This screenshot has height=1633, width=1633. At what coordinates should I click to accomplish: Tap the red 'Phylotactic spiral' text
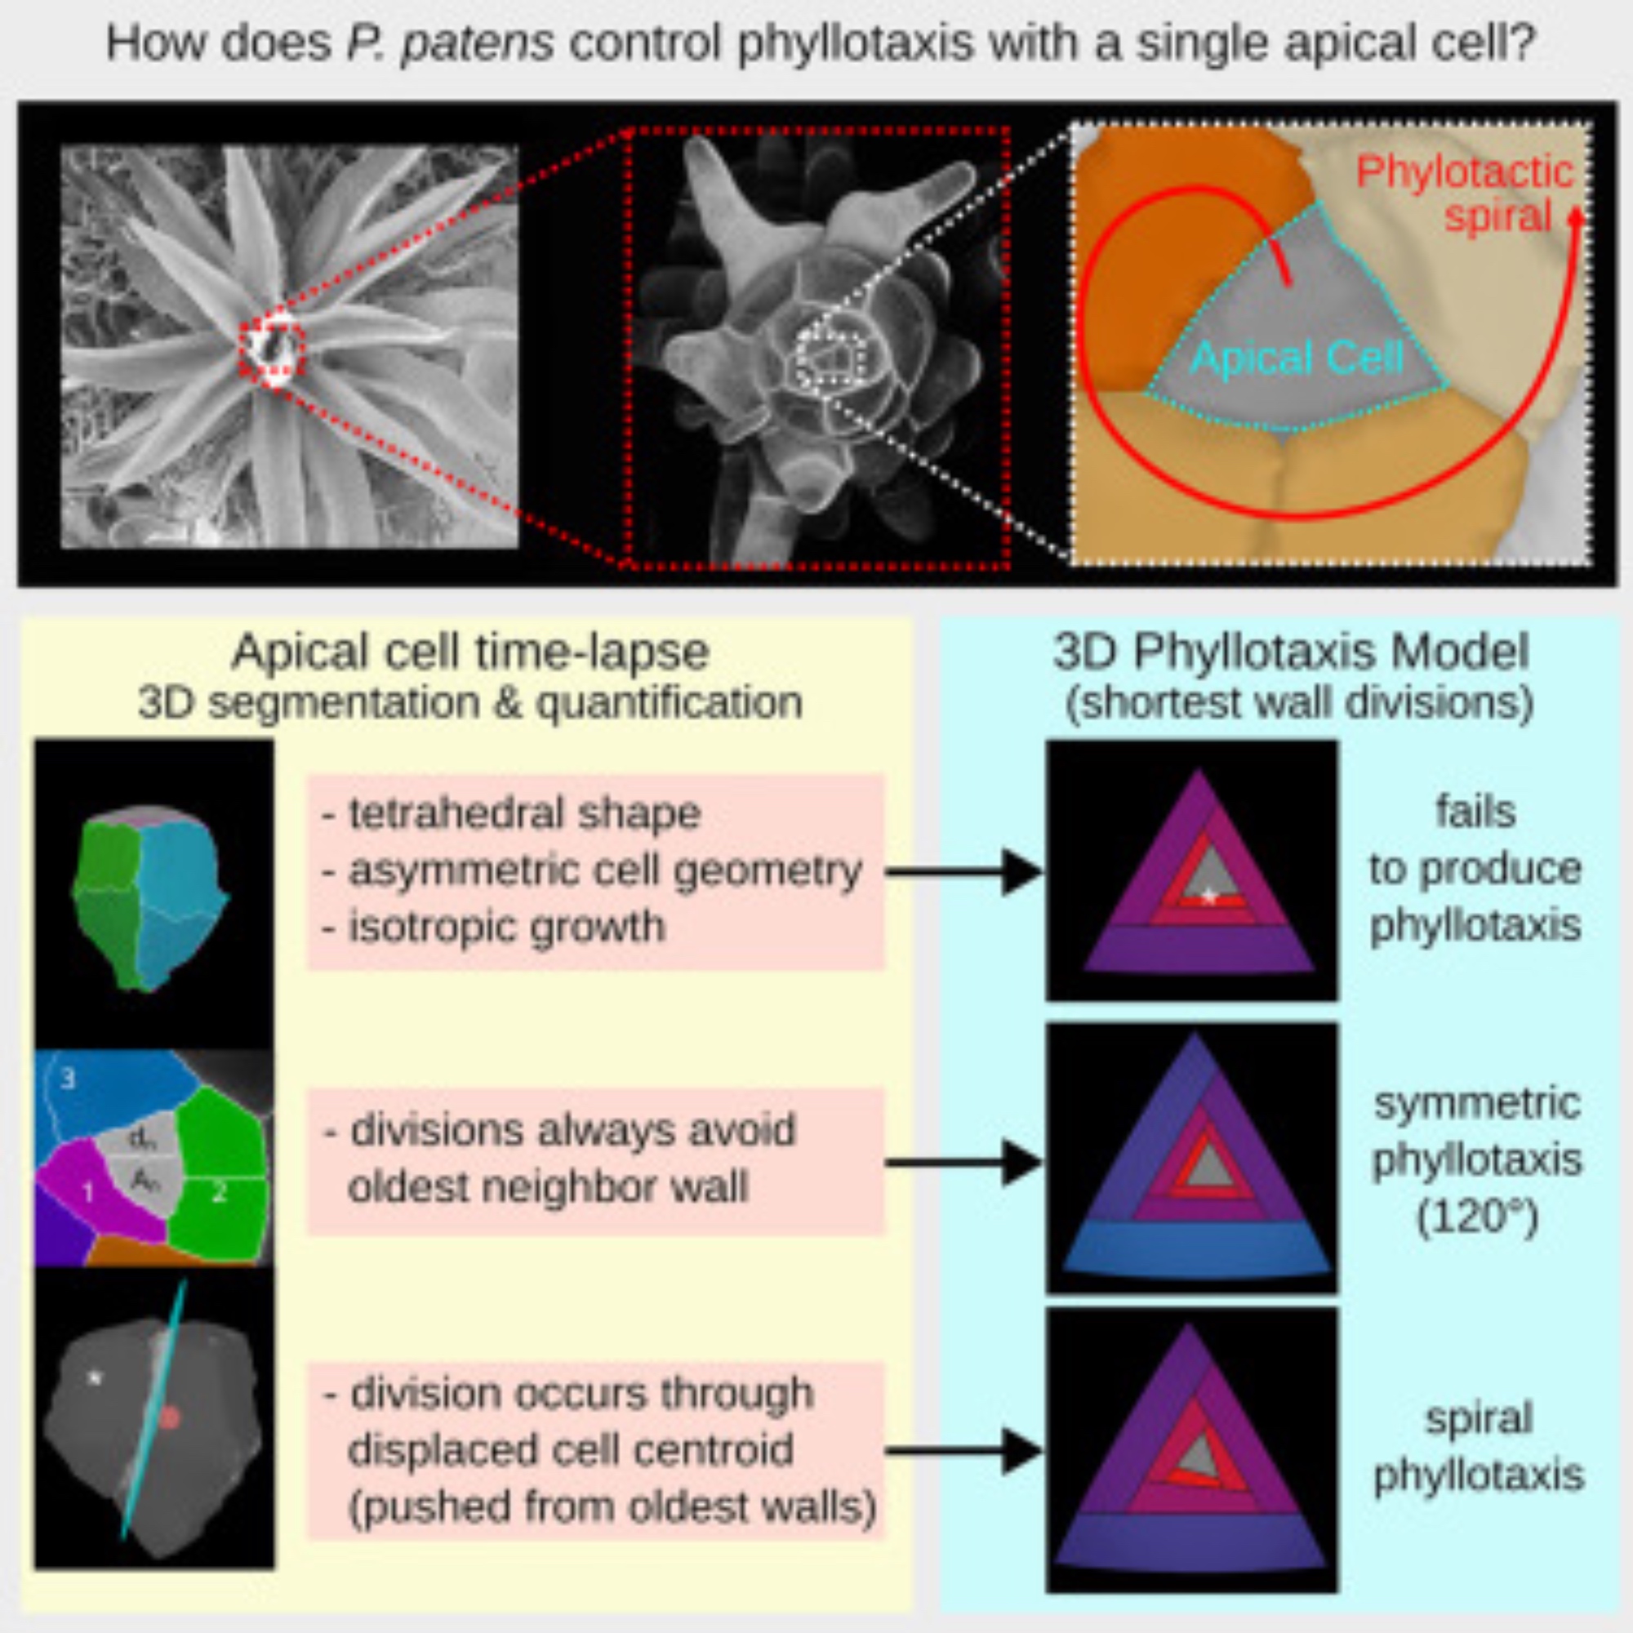tap(1464, 194)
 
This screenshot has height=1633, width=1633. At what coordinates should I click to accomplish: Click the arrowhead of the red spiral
tap(1575, 216)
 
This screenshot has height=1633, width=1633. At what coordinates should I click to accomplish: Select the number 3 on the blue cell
tap(69, 1079)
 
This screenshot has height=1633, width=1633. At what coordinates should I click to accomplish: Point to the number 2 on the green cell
tap(219, 1192)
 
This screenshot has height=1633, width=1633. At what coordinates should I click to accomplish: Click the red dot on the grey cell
tap(169, 1417)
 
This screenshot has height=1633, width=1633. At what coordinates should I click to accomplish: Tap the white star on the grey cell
tap(96, 1377)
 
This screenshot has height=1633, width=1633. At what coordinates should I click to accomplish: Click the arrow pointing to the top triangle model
tap(963, 871)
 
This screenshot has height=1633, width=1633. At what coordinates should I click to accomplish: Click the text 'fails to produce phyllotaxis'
tap(1475, 869)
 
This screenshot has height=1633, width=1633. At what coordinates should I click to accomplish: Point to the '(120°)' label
tap(1475, 1218)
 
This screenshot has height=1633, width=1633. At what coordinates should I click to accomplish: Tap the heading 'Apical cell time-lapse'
tap(470, 652)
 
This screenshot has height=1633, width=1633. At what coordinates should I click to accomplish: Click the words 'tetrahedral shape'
tap(524, 813)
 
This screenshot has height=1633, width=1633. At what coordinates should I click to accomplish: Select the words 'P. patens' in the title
tap(450, 43)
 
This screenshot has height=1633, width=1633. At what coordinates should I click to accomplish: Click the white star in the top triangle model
tap(1208, 897)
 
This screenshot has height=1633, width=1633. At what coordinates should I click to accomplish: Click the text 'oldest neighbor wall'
tap(548, 1186)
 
